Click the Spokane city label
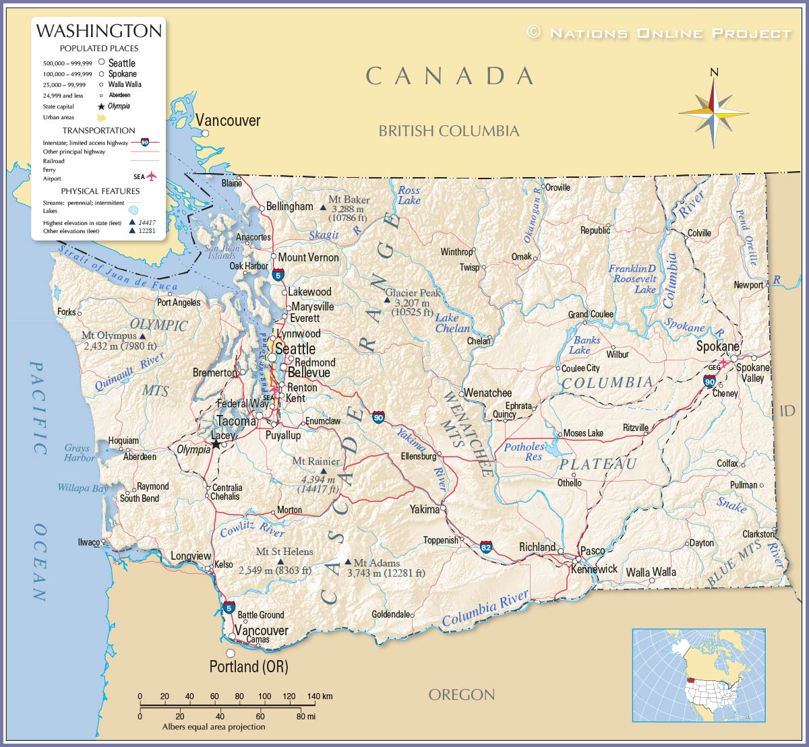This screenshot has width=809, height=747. pyautogui.click(x=717, y=346)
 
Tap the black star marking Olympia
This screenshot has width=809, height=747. pyautogui.click(x=215, y=445)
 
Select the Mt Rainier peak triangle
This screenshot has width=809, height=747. pyautogui.click(x=323, y=472)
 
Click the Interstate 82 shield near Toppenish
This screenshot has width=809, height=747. pyautogui.click(x=486, y=547)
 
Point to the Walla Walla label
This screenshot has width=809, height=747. pyautogui.click(x=651, y=573)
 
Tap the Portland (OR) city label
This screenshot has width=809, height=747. pyautogui.click(x=249, y=667)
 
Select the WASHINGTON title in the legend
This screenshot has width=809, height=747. pyautogui.click(x=98, y=31)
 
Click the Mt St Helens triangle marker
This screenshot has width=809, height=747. pyautogui.click(x=281, y=561)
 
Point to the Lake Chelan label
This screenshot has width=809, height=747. pyautogui.click(x=452, y=323)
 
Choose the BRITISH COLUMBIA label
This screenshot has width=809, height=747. pyautogui.click(x=448, y=131)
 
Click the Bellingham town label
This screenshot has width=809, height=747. pyautogui.click(x=290, y=206)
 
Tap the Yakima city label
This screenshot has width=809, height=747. pyautogui.click(x=425, y=509)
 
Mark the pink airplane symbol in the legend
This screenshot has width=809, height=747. pyautogui.click(x=151, y=176)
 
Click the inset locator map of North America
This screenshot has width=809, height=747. pyautogui.click(x=698, y=675)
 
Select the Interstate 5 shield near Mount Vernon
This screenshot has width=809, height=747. pyautogui.click(x=278, y=274)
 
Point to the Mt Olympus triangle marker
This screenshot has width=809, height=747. pyautogui.click(x=142, y=335)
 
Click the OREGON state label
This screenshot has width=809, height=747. pyautogui.click(x=462, y=694)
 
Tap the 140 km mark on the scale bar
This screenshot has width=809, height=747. pyautogui.click(x=313, y=705)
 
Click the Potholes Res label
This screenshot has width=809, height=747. pyautogui.click(x=525, y=451)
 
